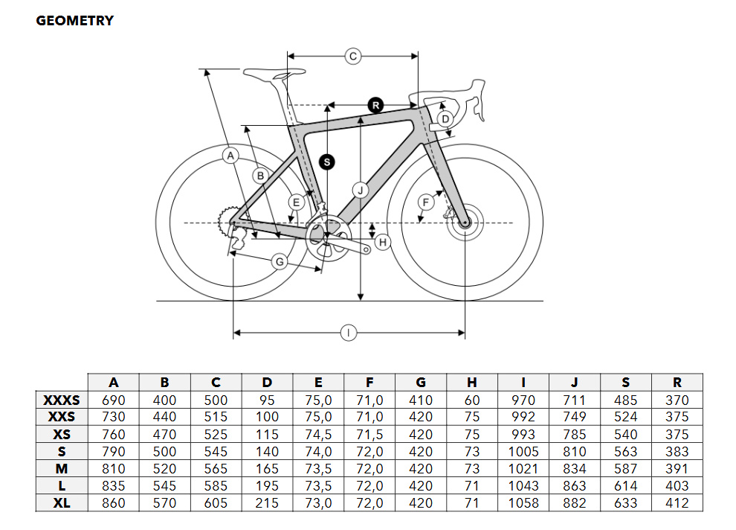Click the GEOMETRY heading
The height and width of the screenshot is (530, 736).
pyautogui.click(x=74, y=21)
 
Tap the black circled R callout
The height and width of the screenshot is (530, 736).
pyautogui.click(x=375, y=105)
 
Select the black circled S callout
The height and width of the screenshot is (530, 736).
pyautogui.click(x=327, y=162)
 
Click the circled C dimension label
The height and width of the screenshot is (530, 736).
pyautogui.click(x=353, y=57)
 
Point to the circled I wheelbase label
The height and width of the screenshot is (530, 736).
pyautogui.click(x=348, y=333)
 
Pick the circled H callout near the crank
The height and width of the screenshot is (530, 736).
pyautogui.click(x=383, y=242)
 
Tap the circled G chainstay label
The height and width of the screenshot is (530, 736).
pyautogui.click(x=280, y=261)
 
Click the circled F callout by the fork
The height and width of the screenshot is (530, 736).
pyautogui.click(x=426, y=202)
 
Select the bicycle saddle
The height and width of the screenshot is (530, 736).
pyautogui.click(x=274, y=73)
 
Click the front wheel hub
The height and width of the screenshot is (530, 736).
pyautogui.click(x=465, y=223)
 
